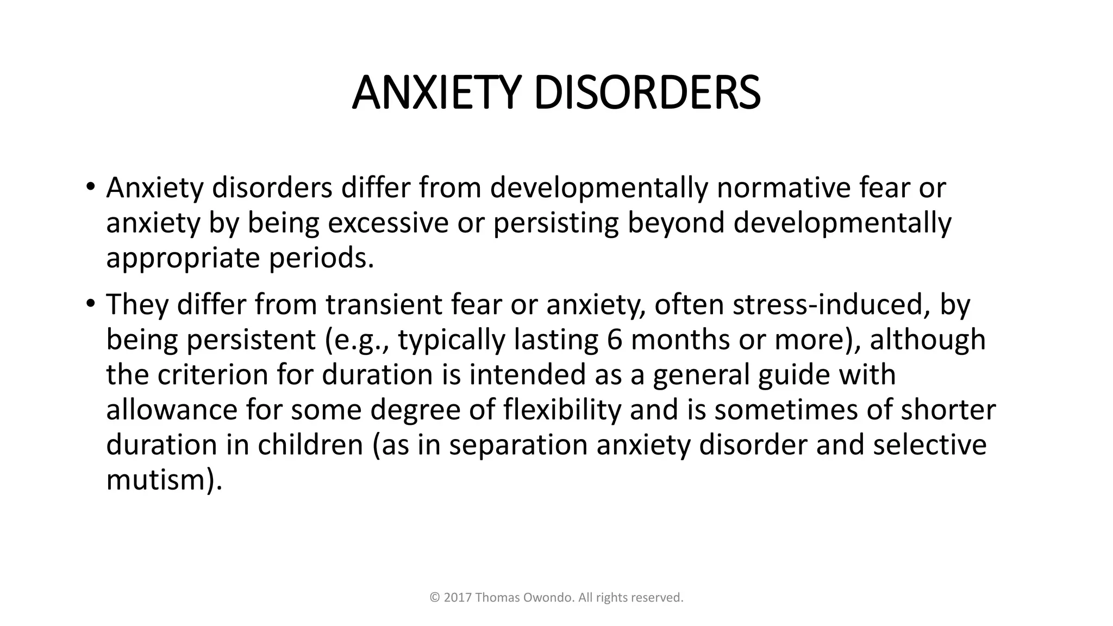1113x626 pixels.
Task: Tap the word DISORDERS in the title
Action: point(647,93)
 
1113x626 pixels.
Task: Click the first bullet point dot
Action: point(90,187)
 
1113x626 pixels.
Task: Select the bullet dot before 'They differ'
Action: point(90,304)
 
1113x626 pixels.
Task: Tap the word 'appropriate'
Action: point(183,258)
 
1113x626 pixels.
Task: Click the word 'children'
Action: point(310,445)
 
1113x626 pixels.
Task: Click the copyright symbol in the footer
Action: point(435,598)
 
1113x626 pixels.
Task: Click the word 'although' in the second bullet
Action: point(928,340)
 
